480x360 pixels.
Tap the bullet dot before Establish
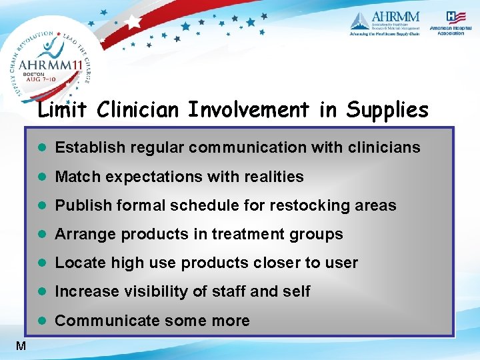coord(42,147)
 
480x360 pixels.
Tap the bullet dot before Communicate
coord(42,321)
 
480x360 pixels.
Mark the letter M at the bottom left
coord(21,345)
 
